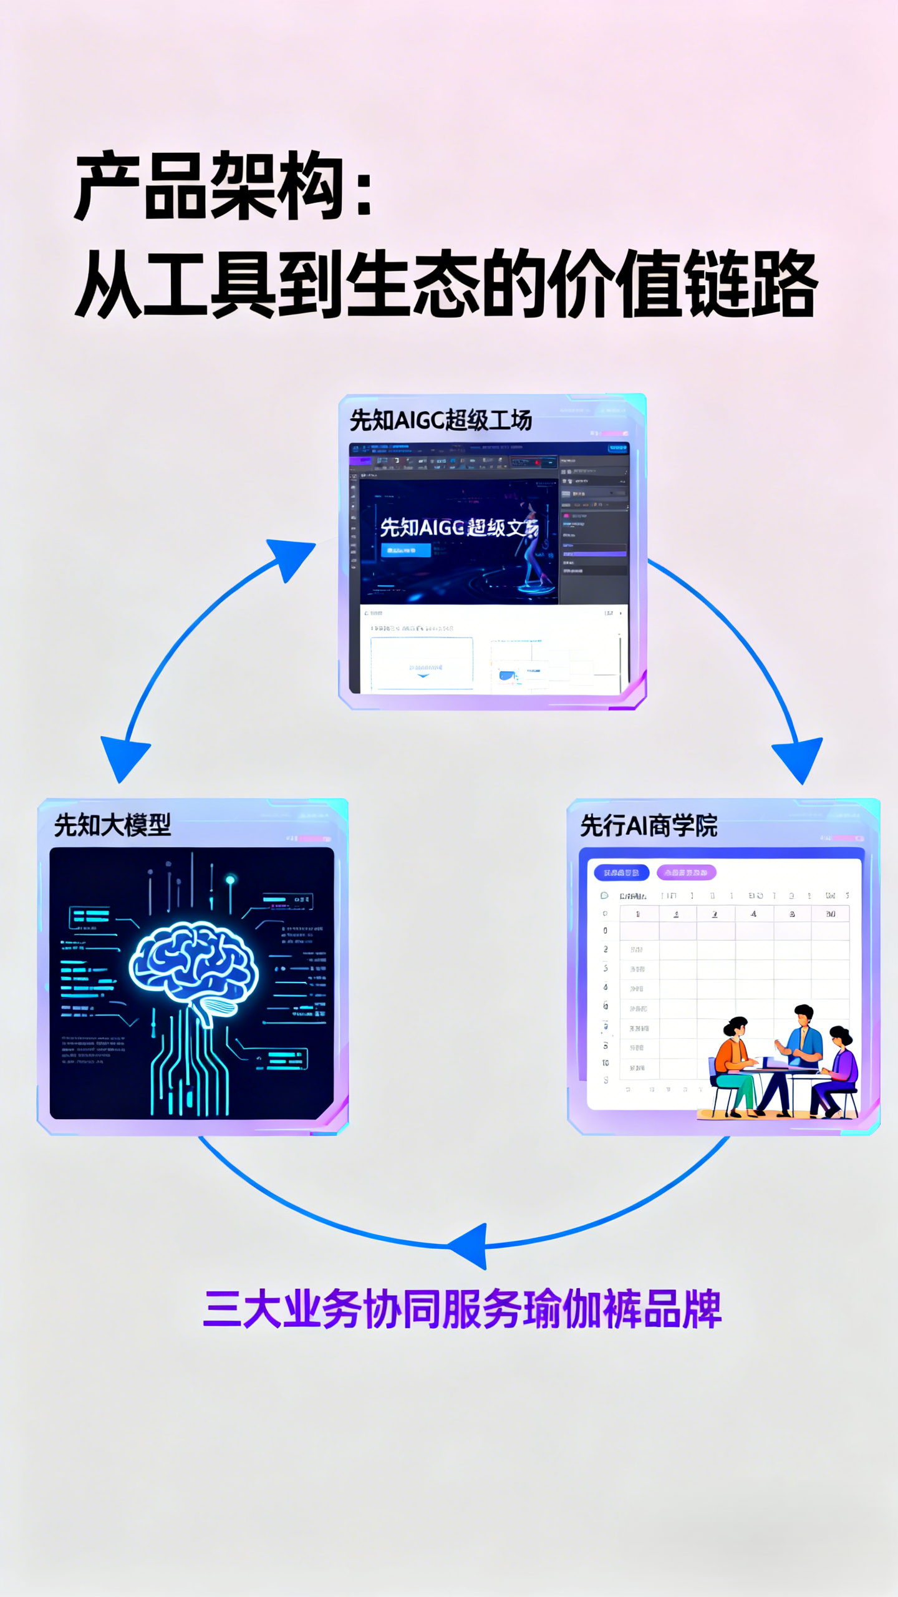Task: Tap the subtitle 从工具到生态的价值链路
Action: (445, 284)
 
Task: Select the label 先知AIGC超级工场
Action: (440, 420)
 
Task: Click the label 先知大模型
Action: (112, 825)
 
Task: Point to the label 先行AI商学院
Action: (649, 825)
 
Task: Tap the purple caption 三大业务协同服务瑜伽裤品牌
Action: (462, 1309)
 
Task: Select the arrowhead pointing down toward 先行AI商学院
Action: (799, 758)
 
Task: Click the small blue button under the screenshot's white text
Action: (405, 550)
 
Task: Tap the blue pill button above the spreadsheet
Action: (621, 872)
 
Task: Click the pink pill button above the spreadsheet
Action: (686, 872)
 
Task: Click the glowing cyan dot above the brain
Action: (230, 880)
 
